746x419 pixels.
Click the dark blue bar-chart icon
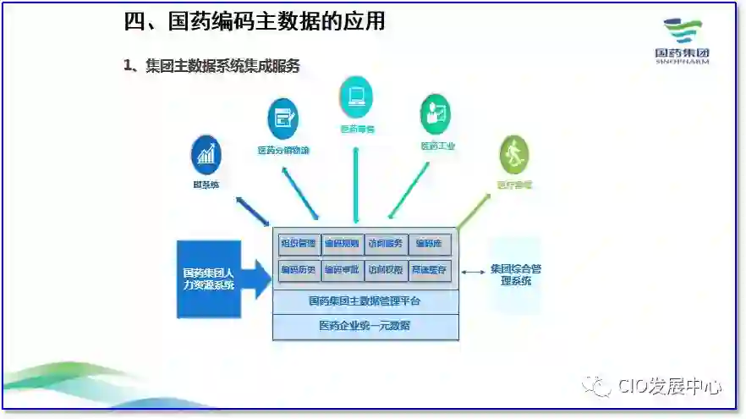click(x=206, y=155)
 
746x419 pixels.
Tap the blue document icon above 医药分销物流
click(x=282, y=119)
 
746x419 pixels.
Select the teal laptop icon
click(x=356, y=96)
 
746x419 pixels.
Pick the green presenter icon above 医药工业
click(x=436, y=114)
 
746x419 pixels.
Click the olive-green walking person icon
click(x=513, y=155)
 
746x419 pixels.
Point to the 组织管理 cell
click(x=299, y=245)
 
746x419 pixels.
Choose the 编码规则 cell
click(x=343, y=245)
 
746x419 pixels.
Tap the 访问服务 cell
click(x=386, y=245)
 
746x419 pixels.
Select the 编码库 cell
click(x=430, y=245)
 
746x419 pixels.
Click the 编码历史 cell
click(x=299, y=271)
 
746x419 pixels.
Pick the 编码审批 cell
click(x=343, y=271)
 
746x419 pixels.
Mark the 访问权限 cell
click(x=386, y=271)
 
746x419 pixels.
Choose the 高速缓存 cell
click(x=430, y=271)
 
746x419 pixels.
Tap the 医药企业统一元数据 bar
click(x=365, y=326)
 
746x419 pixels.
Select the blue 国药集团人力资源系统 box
click(x=209, y=279)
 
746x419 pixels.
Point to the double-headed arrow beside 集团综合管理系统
click(x=474, y=270)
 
